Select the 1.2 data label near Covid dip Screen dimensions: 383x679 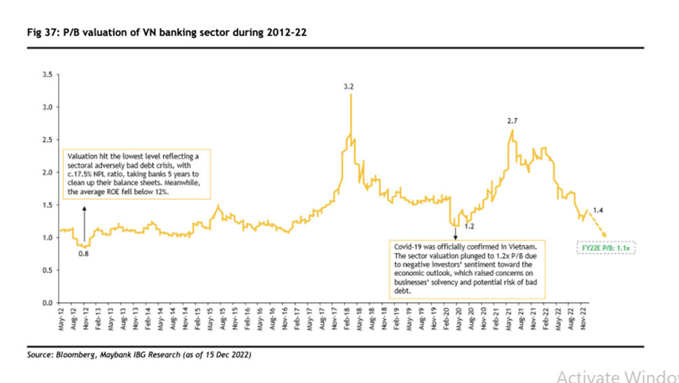(x=469, y=225)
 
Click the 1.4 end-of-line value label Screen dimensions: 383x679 (x=598, y=210)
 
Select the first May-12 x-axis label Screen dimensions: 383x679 (x=62, y=324)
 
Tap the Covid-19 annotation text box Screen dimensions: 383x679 (x=467, y=269)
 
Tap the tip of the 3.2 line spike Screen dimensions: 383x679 (x=350, y=95)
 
